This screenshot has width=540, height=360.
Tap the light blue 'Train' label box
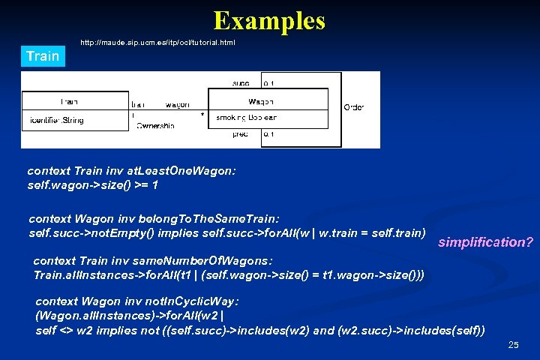coord(43,57)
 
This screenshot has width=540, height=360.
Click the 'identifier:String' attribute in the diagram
coord(57,120)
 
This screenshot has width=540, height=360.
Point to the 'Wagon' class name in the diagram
coord(260,101)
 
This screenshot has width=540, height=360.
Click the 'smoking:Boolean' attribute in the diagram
coord(247,118)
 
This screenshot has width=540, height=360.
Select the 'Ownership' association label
coord(155,126)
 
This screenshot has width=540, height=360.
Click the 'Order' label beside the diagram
coord(353,107)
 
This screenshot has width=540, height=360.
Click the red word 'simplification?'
coord(485,242)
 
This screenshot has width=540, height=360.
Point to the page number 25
coord(513,345)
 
